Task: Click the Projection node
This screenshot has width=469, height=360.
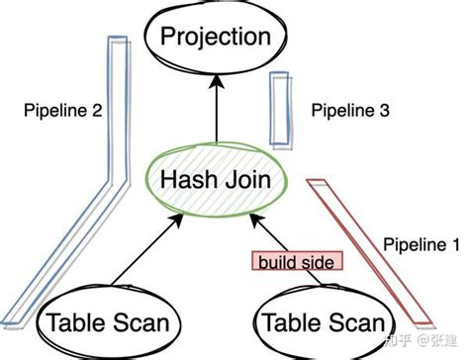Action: [215, 39]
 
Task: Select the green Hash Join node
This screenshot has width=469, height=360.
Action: [215, 181]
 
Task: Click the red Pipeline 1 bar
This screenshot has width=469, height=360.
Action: [376, 252]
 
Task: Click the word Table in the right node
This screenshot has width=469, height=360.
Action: [287, 321]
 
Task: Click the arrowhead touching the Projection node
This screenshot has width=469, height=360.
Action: [215, 80]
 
